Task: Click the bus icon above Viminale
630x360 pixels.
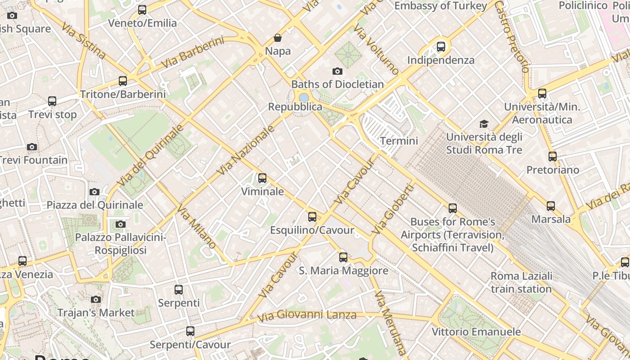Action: point(262,178)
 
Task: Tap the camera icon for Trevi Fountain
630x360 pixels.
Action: point(31,147)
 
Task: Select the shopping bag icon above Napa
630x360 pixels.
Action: point(278,38)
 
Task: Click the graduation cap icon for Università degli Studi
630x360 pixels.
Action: point(484,124)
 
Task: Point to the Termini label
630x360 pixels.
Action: point(399,141)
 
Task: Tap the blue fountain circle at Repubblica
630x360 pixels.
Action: point(304,98)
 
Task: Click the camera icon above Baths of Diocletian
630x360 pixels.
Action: point(337,71)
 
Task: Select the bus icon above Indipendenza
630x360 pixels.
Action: point(441,46)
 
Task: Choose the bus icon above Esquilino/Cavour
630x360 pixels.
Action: point(312,217)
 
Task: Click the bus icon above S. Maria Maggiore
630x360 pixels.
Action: point(343,257)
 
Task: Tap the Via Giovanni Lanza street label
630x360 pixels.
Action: point(307,315)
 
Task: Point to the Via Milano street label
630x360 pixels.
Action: point(197,227)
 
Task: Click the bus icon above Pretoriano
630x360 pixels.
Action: point(553,157)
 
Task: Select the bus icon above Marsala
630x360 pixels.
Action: point(551,206)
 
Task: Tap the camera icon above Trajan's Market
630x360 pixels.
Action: point(95,299)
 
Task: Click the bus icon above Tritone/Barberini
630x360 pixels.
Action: point(123,81)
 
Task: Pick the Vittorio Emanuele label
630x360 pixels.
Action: point(476,332)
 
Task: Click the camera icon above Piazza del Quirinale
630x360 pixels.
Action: point(94,192)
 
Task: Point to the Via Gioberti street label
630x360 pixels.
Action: point(392,209)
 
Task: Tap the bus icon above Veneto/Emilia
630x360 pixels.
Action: point(142,9)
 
